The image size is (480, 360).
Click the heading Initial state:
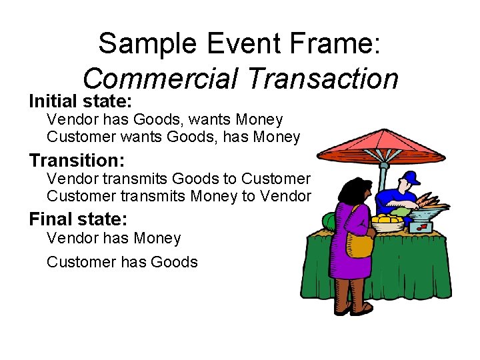pyautogui.click(x=82, y=102)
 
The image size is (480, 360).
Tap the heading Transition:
pyautogui.click(x=76, y=161)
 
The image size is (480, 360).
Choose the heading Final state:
pyautogui.click(x=78, y=219)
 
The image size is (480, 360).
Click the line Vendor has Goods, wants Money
pyautogui.click(x=165, y=120)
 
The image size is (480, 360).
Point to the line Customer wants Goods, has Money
pyautogui.click(x=173, y=137)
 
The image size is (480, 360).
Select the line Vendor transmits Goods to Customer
pyautogui.click(x=178, y=179)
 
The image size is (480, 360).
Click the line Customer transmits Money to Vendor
pyautogui.click(x=179, y=196)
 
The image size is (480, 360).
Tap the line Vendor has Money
pyautogui.click(x=113, y=238)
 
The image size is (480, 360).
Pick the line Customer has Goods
pyautogui.click(x=122, y=262)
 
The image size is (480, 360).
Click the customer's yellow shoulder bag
pyautogui.click(x=360, y=244)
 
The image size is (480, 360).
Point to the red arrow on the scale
pyautogui.click(x=422, y=227)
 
